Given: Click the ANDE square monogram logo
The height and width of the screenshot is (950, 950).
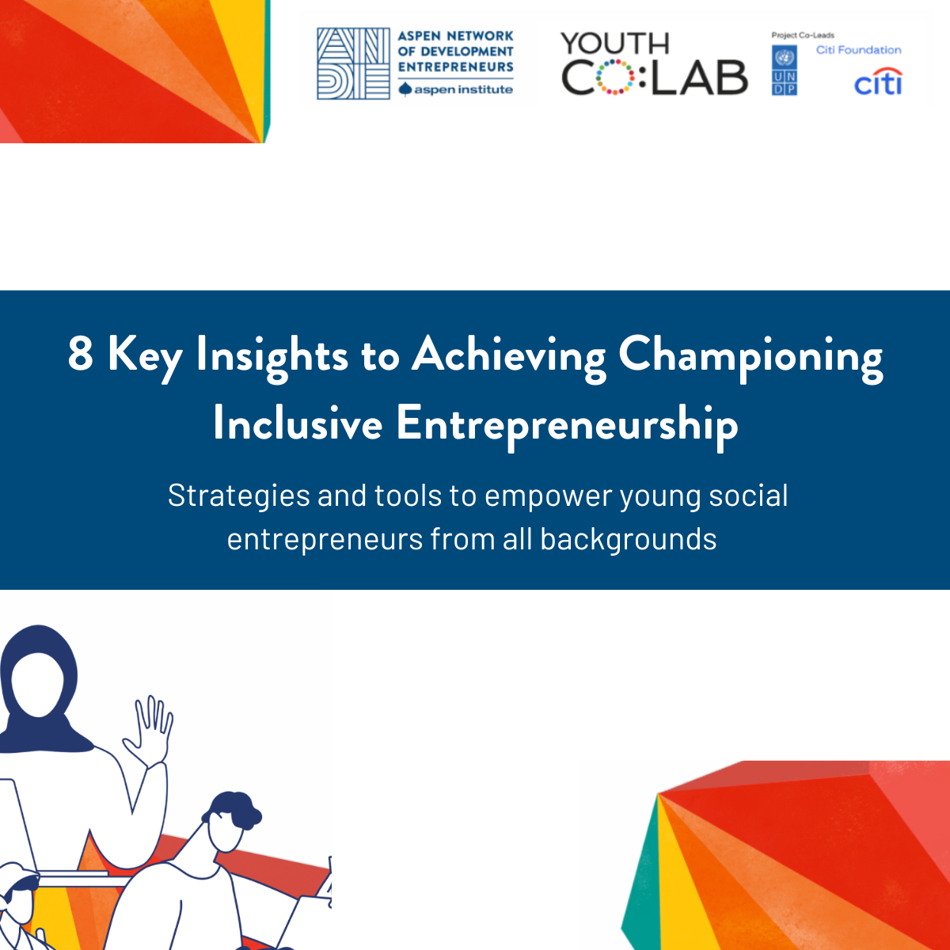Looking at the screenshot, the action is pos(353,63).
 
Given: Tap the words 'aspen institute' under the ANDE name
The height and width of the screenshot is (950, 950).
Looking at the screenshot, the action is pos(463,89).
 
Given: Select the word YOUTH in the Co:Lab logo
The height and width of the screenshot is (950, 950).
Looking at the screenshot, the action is pos(614,44).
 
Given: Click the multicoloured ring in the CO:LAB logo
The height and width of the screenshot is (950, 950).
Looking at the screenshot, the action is pos(614,77).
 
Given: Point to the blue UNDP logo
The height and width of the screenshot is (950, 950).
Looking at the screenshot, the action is pos(784,70).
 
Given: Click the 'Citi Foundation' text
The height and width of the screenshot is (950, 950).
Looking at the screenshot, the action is pos(858,50).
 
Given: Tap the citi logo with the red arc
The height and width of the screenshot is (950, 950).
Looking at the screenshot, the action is pos(878,81).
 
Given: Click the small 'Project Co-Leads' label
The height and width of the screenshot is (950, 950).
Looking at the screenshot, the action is pos(803,35).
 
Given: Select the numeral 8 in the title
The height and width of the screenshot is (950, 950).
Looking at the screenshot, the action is pos(81,353).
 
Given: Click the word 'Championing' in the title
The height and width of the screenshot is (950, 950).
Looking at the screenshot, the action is pos(750,358).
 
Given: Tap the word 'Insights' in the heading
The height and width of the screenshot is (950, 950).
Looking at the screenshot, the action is pos(272,358).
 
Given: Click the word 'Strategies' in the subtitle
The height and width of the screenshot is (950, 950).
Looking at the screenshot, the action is pos(238,496).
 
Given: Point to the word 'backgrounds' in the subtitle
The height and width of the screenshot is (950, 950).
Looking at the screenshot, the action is pos(629,538).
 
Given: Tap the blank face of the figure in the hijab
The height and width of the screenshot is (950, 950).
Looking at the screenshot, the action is pos(38,684).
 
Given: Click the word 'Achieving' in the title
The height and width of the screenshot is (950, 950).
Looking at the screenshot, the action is pos(509,358).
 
